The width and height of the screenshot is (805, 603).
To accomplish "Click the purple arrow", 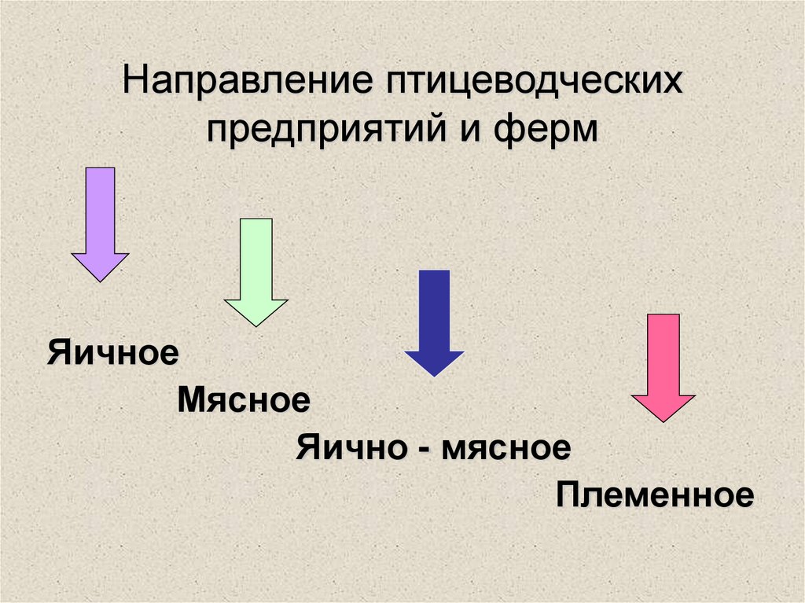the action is (x=100, y=220).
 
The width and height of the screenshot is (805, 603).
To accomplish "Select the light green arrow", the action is (x=255, y=267).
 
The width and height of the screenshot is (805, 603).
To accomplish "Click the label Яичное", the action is (x=112, y=352).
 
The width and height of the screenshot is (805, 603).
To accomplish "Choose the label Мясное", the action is (x=244, y=401).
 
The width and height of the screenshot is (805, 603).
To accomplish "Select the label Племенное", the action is (x=655, y=496).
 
